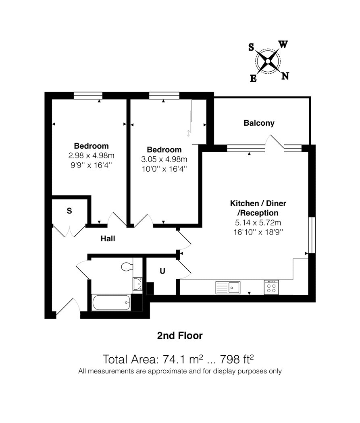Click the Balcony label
(259, 123)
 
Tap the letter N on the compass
(285, 76)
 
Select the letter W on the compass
(283, 44)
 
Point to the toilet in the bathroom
(127, 267)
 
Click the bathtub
(111, 303)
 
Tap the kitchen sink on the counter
(228, 287)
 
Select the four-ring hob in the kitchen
(271, 287)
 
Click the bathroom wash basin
(137, 284)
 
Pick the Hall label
(108, 238)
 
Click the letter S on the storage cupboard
(69, 211)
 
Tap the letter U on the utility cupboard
(162, 271)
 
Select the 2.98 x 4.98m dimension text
(91, 156)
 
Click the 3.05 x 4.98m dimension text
(164, 160)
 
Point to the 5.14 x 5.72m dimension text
(258, 222)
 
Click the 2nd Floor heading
(180, 336)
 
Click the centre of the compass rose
(268, 61)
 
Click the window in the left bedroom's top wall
(88, 95)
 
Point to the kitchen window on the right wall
(312, 235)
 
